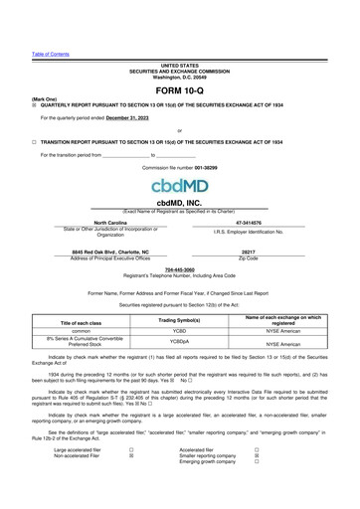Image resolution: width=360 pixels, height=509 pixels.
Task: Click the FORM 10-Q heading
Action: pos(179,90)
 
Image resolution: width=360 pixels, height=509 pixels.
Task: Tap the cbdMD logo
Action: pos(179,186)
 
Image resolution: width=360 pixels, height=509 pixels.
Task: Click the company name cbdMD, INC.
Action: pos(180,202)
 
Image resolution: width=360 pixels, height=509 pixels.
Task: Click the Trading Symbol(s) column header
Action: pos(180,321)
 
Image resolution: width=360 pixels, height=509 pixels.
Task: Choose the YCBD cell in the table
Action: pos(180,334)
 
